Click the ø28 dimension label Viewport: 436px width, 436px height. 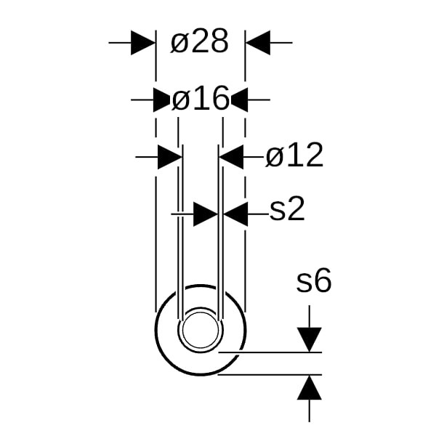pos(199,41)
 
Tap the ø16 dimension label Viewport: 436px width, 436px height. pos(201,98)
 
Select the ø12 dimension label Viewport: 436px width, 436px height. pos(294,155)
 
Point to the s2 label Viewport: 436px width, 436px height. pos(287,209)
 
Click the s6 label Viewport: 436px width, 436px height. pos(314,280)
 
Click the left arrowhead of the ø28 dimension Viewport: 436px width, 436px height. pos(143,43)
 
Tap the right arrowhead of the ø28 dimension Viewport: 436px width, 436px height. pos(258,43)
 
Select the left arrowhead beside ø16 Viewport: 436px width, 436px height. pos(161,100)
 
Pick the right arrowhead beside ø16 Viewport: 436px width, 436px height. pos(239,100)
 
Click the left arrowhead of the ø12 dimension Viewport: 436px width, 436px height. pos(169,157)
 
